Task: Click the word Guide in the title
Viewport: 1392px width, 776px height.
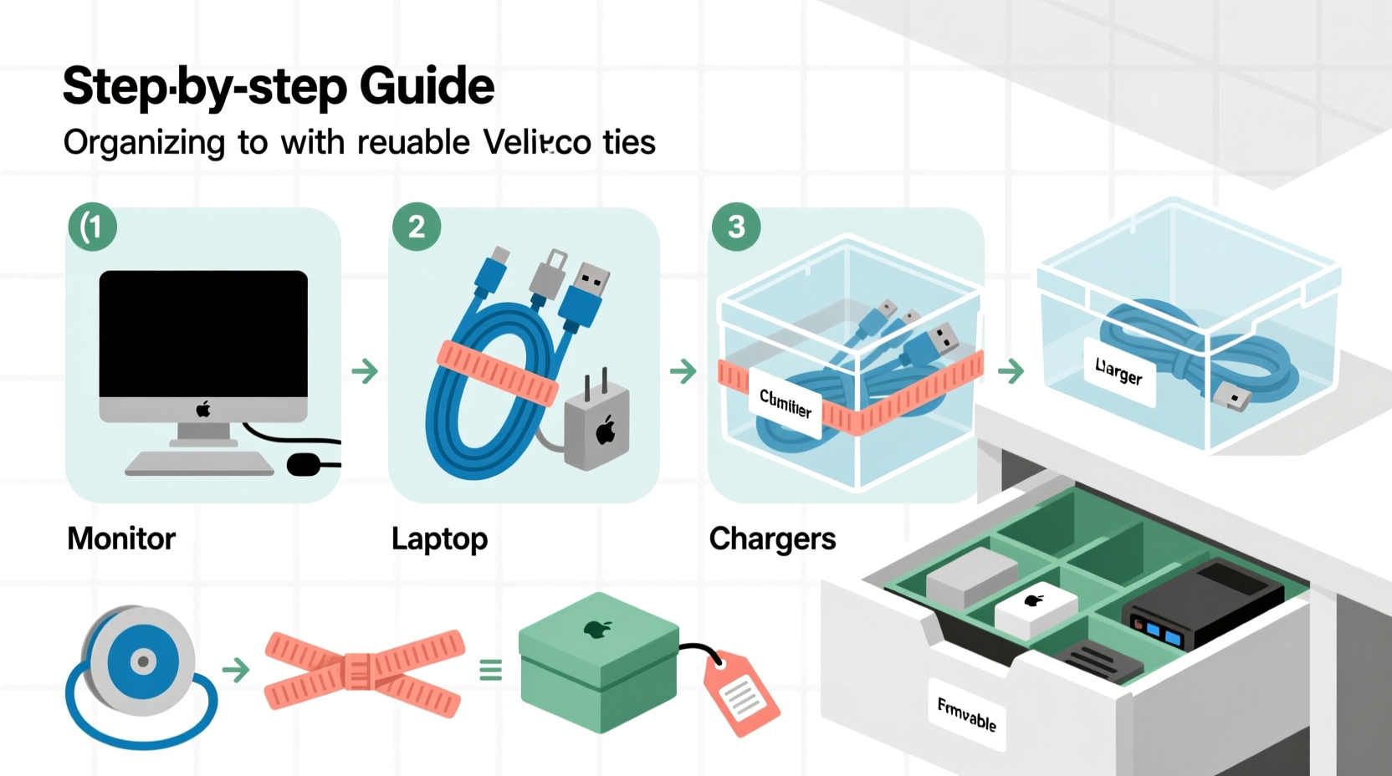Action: tap(427, 86)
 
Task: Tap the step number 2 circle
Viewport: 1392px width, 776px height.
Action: tap(417, 227)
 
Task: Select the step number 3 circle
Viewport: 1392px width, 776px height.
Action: tap(736, 227)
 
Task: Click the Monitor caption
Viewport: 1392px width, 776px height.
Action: tap(121, 539)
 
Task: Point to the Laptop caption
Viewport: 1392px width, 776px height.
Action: tap(439, 539)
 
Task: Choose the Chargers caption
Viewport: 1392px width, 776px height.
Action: tap(772, 539)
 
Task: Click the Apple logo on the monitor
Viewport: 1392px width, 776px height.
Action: tap(203, 409)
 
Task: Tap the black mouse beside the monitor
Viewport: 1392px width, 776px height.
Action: tap(304, 465)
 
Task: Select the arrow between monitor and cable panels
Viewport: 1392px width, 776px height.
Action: tap(365, 370)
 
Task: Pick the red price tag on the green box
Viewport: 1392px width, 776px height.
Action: tap(740, 692)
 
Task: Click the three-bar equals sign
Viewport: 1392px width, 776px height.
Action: tap(491, 670)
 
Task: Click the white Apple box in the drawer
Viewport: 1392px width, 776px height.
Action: tap(1035, 606)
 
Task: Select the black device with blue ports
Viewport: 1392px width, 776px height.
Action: tap(1202, 604)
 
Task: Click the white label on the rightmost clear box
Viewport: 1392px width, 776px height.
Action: tap(1118, 371)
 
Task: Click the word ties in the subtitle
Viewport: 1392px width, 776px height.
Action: tap(629, 142)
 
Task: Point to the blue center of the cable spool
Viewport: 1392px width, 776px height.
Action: tap(144, 661)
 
